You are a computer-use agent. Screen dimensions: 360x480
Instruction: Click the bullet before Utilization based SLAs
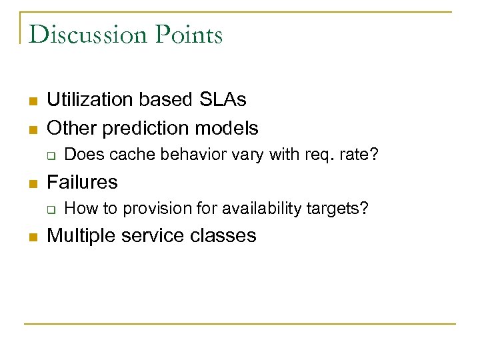click(31, 101)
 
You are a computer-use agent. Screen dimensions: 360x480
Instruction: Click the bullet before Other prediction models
click(31, 129)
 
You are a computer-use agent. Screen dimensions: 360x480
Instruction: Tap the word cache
click(129, 155)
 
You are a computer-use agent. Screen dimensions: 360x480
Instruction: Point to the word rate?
click(363, 155)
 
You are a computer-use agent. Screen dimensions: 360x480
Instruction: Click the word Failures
click(82, 181)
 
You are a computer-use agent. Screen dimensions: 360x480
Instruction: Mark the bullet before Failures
click(31, 183)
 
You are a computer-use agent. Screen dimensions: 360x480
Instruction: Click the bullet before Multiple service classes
click(31, 237)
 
